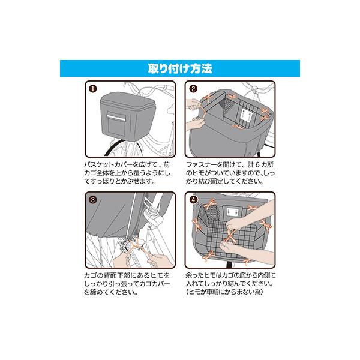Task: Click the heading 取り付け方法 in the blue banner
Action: click(180, 68)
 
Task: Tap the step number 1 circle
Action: click(93, 89)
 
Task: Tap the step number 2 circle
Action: click(193, 89)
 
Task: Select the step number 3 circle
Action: click(93, 200)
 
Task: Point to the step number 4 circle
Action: click(193, 200)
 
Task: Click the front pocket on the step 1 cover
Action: click(116, 124)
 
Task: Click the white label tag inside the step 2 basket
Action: click(246, 115)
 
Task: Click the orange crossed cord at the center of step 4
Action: click(230, 236)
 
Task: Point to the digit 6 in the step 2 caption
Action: click(257, 164)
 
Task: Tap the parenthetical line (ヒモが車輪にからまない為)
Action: click(224, 292)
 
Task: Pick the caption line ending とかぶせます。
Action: click(120, 181)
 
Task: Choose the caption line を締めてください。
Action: click(111, 292)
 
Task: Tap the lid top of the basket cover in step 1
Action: click(128, 100)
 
